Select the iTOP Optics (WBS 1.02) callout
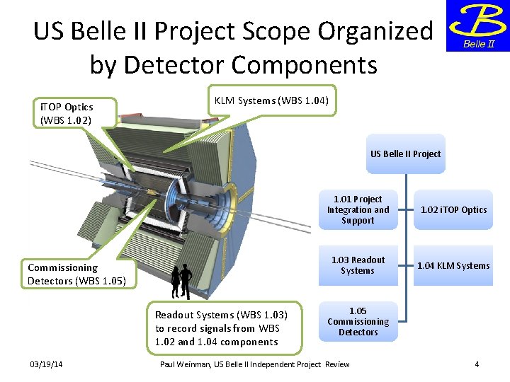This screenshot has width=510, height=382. pos(67,113)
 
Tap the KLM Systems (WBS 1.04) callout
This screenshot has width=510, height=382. pos(271,100)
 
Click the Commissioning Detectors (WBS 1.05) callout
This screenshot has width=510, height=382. pos(76,274)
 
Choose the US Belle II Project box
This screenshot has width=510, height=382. pos(405,154)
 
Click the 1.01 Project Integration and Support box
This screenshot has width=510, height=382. pos(358,209)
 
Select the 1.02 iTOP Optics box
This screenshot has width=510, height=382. pos(453,209)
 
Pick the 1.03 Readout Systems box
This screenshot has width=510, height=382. pos(358,265)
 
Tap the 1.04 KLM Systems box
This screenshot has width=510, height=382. pos(453,265)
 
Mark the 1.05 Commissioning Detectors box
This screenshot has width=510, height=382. pos(358,321)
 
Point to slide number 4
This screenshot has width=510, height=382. pos(477,364)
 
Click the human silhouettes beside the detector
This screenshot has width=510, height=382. pos(180,282)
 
